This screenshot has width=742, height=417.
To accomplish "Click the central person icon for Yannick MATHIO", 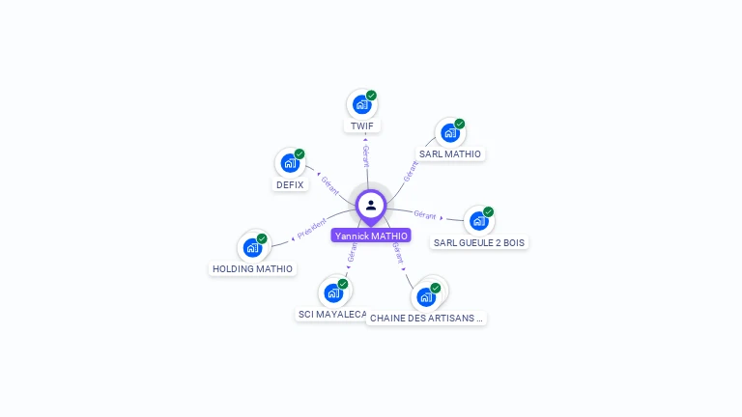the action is (371, 205).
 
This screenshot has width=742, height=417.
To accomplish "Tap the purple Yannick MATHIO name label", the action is (371, 236).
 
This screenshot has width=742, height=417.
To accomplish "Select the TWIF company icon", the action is (361, 104).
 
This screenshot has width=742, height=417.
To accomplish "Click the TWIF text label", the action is (362, 126).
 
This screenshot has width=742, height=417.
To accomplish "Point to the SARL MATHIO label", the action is (450, 154).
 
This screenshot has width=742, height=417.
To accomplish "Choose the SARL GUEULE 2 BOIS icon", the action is (478, 221).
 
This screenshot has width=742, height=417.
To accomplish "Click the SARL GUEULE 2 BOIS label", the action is (480, 243).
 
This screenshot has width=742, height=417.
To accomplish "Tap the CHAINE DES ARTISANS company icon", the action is (426, 296).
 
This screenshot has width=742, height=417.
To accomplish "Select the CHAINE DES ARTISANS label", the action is (426, 318).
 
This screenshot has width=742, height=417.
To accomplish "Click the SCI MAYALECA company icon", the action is (333, 292).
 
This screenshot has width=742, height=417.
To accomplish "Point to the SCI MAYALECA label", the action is (332, 315).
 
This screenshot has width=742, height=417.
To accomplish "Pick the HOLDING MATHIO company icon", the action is (252, 247).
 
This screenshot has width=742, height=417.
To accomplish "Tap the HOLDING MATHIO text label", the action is (253, 269).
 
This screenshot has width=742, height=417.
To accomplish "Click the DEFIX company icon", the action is (289, 163).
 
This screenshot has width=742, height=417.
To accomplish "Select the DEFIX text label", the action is (290, 185).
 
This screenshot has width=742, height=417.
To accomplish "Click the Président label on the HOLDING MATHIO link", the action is (312, 229).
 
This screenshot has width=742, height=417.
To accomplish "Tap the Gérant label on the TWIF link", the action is (365, 156).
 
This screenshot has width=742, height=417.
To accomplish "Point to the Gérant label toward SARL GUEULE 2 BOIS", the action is (425, 214).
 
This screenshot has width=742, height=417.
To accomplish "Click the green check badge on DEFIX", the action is (300, 153).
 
